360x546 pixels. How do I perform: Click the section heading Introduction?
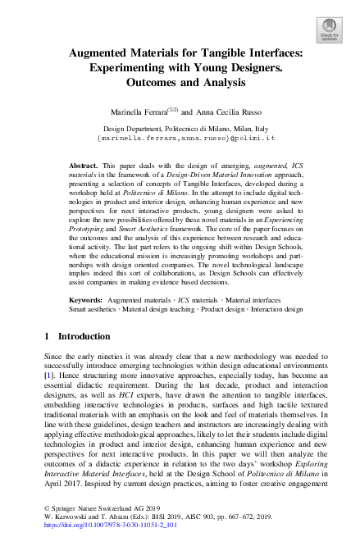[77, 336]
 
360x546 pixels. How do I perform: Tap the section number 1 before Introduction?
[46, 336]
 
